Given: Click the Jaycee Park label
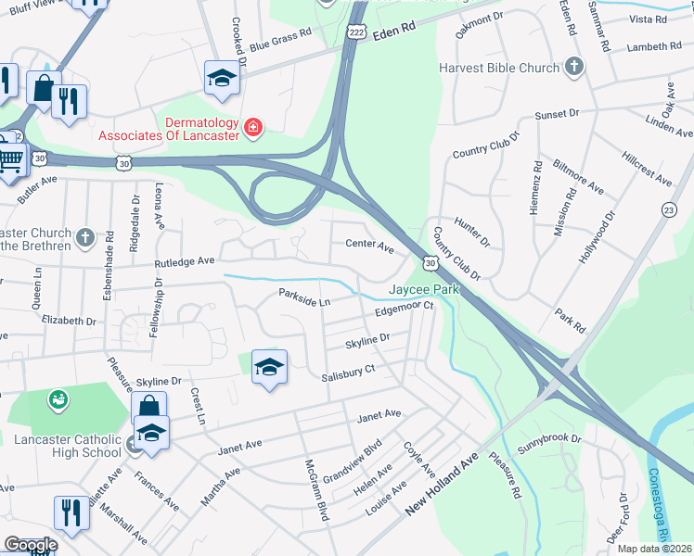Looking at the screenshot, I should pyautogui.click(x=424, y=290).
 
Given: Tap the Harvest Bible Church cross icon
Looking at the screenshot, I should pyautogui.click(x=575, y=67).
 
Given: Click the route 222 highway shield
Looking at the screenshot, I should pyautogui.click(x=356, y=32).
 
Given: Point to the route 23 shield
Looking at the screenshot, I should pyautogui.click(x=668, y=211).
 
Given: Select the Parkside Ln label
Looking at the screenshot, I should pyautogui.click(x=304, y=297).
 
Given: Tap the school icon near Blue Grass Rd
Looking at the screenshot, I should pyautogui.click(x=222, y=79).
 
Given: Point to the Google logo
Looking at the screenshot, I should pyautogui.click(x=31, y=544).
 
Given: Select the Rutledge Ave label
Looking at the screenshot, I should pyautogui.click(x=185, y=263).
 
